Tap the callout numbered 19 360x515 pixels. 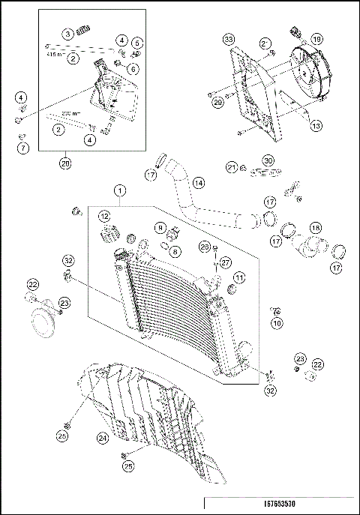click(x=316, y=39)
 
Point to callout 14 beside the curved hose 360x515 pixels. click(x=198, y=182)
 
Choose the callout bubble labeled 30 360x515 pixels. click(x=268, y=160)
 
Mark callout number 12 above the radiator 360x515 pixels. click(x=104, y=216)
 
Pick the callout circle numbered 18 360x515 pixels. click(x=315, y=227)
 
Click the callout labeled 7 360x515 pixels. click(x=22, y=147)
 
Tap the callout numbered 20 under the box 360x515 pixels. click(x=65, y=162)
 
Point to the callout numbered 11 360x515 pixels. click(x=239, y=278)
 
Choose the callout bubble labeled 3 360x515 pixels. click(x=67, y=33)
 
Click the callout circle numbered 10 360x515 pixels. click(x=277, y=323)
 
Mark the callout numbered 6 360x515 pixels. click(x=132, y=69)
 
